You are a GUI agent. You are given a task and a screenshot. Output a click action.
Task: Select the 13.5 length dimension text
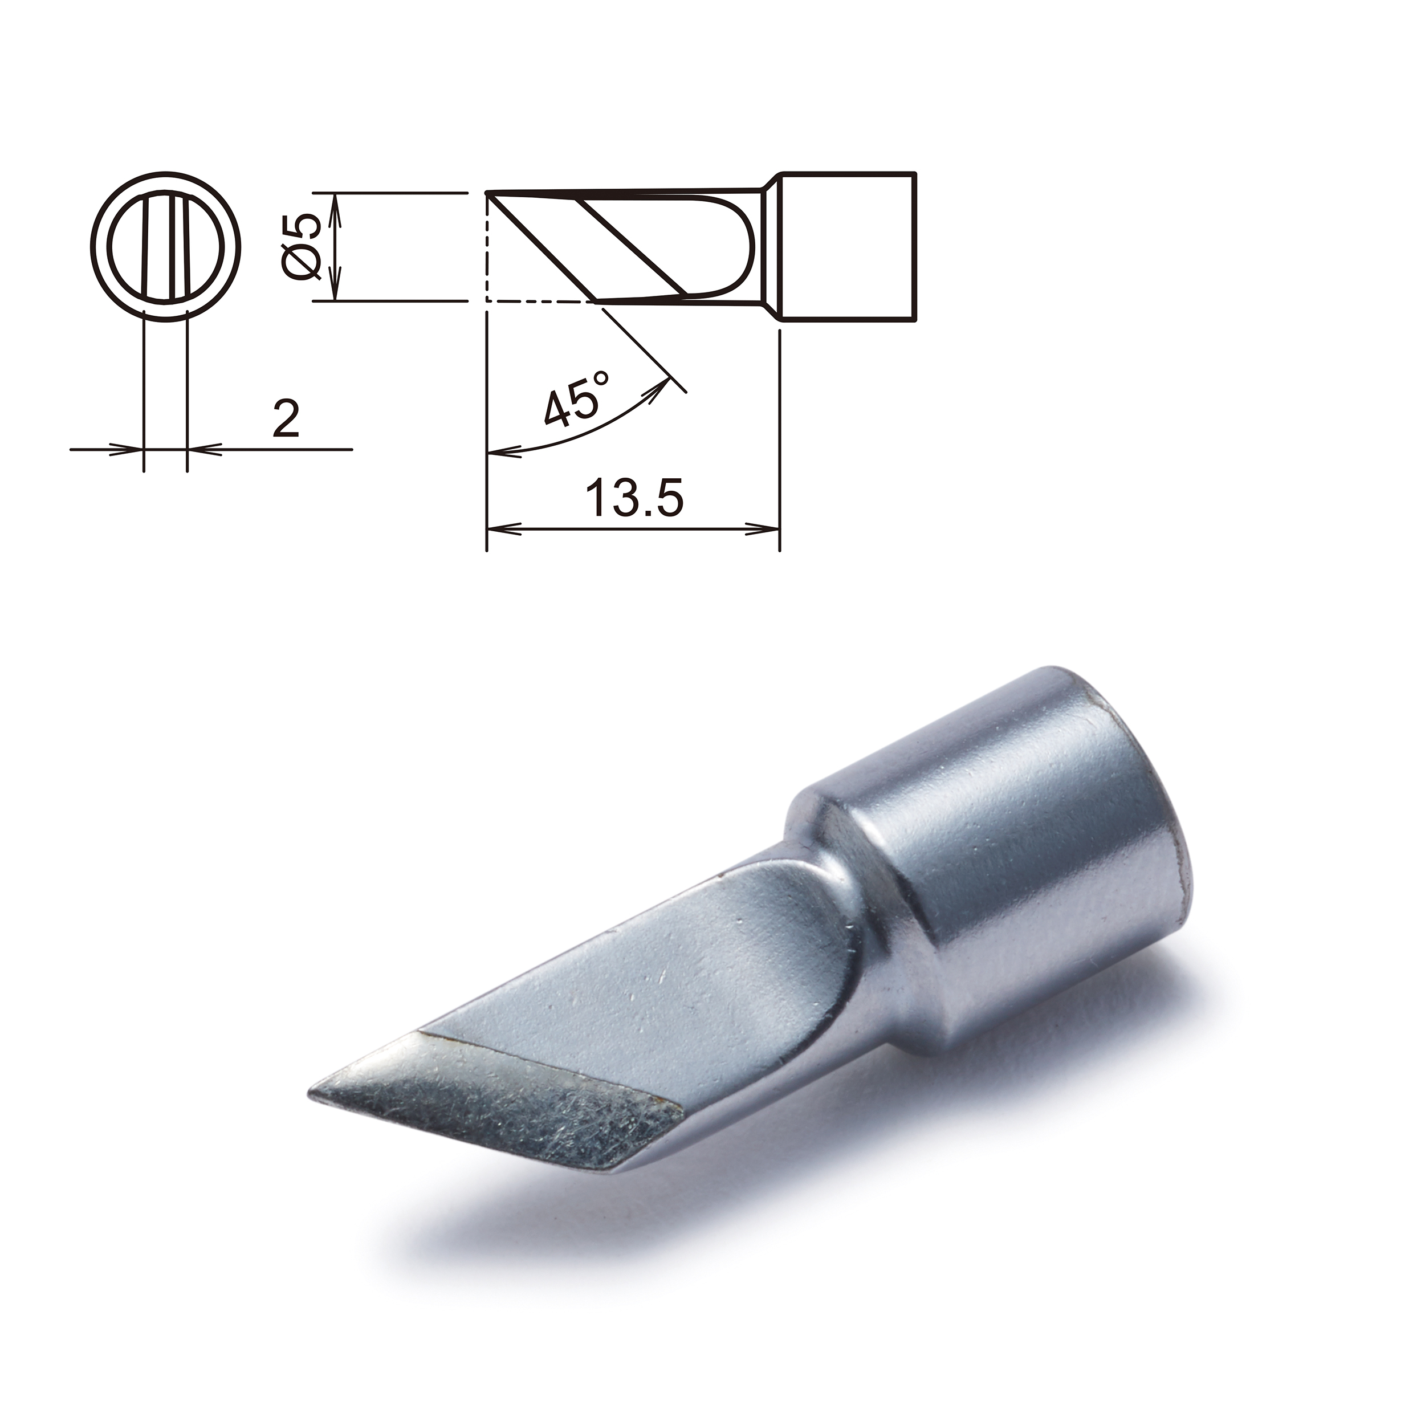(x=634, y=499)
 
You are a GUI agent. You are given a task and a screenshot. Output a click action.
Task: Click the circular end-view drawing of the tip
(x=166, y=246)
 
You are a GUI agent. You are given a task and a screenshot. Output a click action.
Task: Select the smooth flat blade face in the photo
(x=664, y=988)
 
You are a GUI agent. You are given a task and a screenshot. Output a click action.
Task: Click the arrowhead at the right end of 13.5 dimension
(x=767, y=528)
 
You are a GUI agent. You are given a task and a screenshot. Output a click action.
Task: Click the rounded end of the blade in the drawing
(x=748, y=247)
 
